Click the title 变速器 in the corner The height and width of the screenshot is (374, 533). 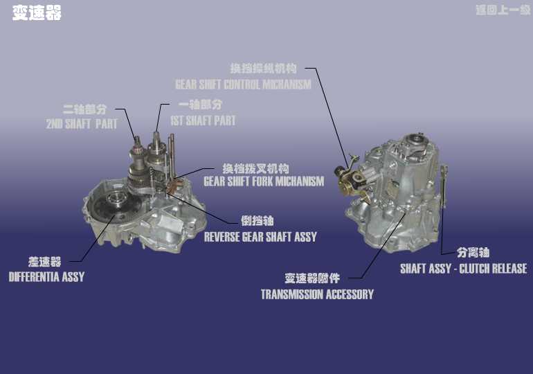click(37, 13)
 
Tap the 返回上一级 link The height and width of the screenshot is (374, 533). click(503, 10)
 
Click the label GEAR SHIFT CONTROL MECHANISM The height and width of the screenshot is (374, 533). click(243, 84)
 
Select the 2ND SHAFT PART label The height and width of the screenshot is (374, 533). click(82, 124)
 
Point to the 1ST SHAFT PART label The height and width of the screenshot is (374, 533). click(203, 121)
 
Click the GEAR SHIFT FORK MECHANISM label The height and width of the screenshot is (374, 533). click(264, 181)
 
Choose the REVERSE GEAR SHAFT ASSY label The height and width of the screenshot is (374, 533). click(260, 237)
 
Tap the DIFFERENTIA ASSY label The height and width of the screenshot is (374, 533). click(46, 277)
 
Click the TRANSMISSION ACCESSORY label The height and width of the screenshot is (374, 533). click(317, 294)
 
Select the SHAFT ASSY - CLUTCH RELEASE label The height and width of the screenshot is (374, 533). click(464, 269)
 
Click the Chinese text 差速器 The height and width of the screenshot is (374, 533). click(44, 262)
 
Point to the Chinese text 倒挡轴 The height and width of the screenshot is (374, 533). click(258, 221)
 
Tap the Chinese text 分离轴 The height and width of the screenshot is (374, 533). click(473, 253)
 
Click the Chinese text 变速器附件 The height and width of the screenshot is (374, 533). click(312, 278)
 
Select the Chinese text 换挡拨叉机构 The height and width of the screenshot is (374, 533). click(255, 168)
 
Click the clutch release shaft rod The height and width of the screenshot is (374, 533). click(443, 186)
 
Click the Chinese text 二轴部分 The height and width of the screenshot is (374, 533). click(84, 109)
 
